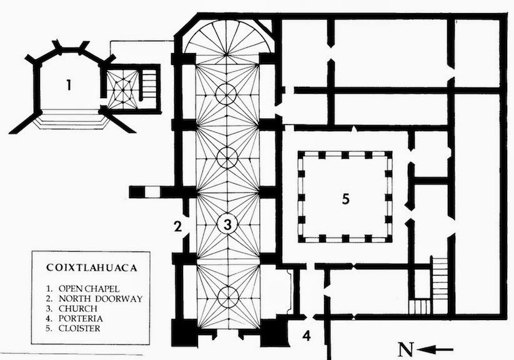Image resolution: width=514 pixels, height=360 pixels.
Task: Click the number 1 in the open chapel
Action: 69,86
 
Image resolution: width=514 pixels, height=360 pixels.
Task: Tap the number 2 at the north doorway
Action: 178,226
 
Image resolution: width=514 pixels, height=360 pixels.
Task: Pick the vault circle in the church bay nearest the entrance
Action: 227,294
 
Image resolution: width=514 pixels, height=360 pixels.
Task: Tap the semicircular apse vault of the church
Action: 227,39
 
